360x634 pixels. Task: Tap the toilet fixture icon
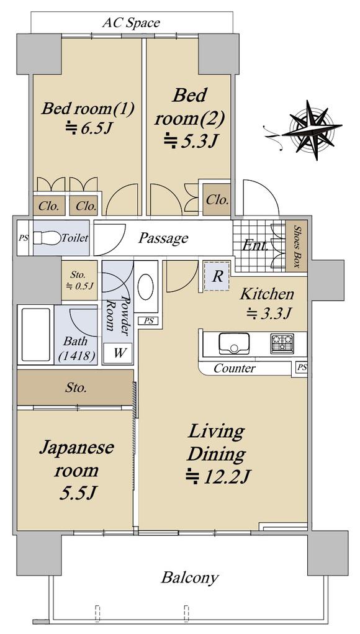pos(46,238)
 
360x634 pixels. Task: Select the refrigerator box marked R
pos(217,276)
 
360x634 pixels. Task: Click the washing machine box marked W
pos(118,353)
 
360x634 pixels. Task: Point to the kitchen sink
pos(234,343)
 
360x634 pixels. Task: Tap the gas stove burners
pos(282,343)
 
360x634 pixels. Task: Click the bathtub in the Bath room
pos(36,335)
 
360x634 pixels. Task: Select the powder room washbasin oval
pos(145,287)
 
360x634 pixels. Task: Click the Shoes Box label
pos(297,246)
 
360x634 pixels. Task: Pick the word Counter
pos(235,368)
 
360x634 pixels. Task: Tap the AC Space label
pos(131,22)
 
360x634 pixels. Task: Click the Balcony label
pos(190,577)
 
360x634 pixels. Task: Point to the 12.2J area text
pos(218,477)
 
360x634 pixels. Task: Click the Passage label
pos(163,238)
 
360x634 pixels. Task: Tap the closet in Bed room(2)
pos(217,200)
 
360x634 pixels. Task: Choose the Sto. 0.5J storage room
pos(79,281)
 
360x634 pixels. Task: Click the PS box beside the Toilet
pos(24,238)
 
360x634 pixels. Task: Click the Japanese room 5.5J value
pos(76,492)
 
